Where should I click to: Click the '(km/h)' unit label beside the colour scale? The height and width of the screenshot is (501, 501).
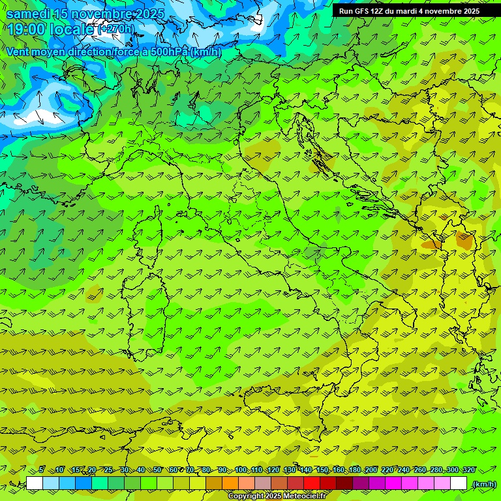point(484,484)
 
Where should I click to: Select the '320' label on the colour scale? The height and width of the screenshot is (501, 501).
point(468,470)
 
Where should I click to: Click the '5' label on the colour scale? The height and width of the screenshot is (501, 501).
point(42,470)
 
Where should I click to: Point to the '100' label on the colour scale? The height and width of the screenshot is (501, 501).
point(241,470)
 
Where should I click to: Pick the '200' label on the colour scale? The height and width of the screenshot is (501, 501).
point(371,470)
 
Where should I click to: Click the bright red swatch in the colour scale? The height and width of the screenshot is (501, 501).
point(312,483)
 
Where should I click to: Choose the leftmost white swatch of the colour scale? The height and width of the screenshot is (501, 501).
point(35,483)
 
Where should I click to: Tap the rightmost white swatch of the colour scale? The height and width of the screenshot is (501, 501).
point(459,483)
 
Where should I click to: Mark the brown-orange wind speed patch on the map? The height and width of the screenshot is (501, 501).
point(464,241)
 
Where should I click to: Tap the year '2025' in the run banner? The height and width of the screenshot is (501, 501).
point(468,11)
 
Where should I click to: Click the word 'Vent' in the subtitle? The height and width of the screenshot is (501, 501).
point(18,52)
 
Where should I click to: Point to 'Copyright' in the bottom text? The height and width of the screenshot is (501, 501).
point(246,496)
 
